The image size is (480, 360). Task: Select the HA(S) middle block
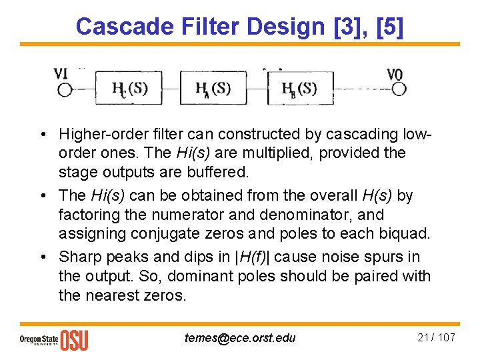214,89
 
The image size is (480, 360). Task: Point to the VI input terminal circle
65,90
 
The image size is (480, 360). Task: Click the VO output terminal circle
399,89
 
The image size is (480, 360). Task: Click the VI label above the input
61,73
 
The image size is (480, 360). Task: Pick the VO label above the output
395,73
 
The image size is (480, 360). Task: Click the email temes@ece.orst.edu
240,338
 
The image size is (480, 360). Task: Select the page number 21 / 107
436,337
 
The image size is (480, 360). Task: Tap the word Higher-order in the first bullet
100,134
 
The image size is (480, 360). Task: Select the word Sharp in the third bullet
78,257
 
